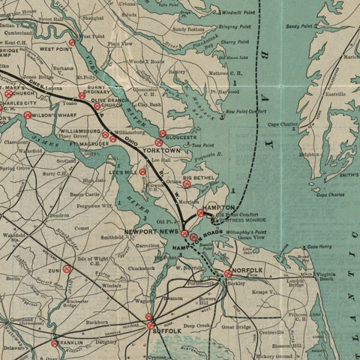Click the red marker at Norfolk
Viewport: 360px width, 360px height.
[x=228, y=274]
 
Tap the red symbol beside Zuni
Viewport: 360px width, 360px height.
[x=67, y=268]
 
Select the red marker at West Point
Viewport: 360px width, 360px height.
[x=71, y=43]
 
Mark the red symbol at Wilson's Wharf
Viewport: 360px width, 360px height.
[x=28, y=115]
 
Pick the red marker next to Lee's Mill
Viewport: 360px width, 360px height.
[x=142, y=172]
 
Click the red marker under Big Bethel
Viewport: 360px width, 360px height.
[x=187, y=184]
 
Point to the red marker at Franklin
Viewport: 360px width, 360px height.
[x=54, y=343]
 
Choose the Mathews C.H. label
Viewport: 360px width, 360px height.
[x=228, y=73]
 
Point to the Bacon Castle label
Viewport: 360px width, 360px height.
[x=85, y=195]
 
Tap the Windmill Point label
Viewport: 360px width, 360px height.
[x=239, y=12]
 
